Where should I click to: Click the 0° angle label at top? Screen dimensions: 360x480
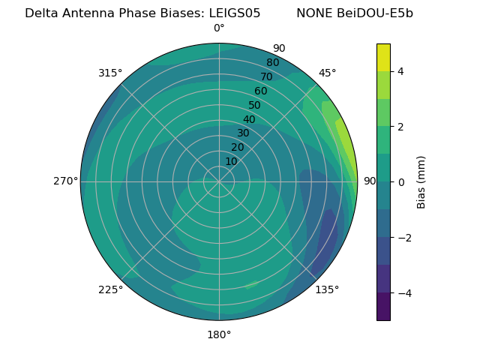pos(219,28)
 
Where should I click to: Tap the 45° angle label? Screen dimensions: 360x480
pos(328,73)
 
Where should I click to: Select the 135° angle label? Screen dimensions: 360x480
pos(327,289)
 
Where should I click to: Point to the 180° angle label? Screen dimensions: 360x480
pos(219,334)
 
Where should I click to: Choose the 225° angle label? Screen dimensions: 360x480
pos(110,289)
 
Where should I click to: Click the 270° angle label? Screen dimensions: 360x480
pos(66,181)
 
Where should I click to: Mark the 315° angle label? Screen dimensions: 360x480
pos(110,73)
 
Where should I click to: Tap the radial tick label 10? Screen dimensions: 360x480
pos(231,161)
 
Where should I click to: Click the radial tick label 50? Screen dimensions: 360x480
pos(254,106)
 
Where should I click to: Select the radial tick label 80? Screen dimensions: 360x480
pos(272,63)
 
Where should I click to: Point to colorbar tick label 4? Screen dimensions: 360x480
pos(400,71)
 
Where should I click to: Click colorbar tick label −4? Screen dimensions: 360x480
pos(403,293)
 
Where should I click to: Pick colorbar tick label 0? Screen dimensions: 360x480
pos(400,182)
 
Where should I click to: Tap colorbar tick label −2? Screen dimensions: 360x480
pos(403,238)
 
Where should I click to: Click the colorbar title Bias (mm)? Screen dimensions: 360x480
pos(421,182)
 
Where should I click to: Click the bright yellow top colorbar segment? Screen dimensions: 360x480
pos(383,58)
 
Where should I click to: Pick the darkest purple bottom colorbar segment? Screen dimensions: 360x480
pos(383,307)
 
